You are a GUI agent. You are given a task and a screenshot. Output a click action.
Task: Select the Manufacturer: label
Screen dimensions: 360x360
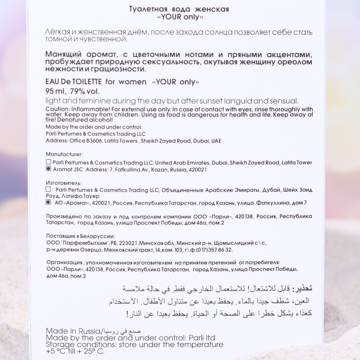[x=64, y=154]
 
